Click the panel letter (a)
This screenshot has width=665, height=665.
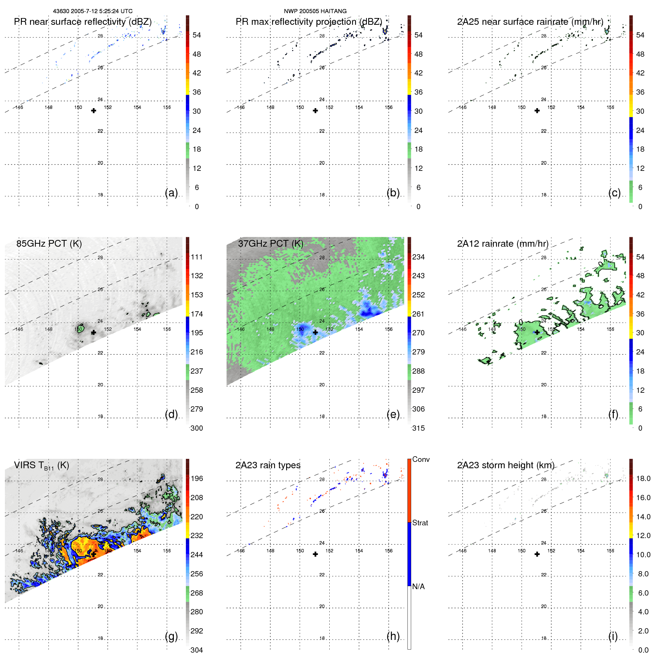(x=171, y=193)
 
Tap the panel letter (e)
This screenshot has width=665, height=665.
(x=393, y=415)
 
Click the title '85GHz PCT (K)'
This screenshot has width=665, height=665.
(x=49, y=243)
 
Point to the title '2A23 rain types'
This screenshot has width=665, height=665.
(x=268, y=465)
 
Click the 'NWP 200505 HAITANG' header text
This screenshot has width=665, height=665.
(x=315, y=11)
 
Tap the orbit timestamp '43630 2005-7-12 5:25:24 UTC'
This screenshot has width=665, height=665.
(x=93, y=11)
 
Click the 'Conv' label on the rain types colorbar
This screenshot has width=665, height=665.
(x=421, y=459)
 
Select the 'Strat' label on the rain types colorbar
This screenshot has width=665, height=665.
(x=420, y=523)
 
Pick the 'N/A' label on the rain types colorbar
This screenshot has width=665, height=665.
(x=418, y=587)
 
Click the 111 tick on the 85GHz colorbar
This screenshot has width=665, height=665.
(x=197, y=257)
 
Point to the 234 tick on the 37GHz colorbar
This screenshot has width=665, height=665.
(x=418, y=257)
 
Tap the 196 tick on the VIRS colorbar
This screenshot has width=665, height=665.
(x=197, y=478)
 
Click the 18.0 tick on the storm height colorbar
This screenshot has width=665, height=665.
(x=643, y=478)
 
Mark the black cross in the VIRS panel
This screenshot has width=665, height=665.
(x=93, y=554)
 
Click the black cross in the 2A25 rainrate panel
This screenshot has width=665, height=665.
(x=537, y=111)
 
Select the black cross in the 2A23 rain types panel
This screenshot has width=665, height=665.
(x=315, y=554)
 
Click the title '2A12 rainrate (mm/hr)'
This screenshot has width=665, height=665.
(x=502, y=243)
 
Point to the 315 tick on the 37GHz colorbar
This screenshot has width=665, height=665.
(x=418, y=428)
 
